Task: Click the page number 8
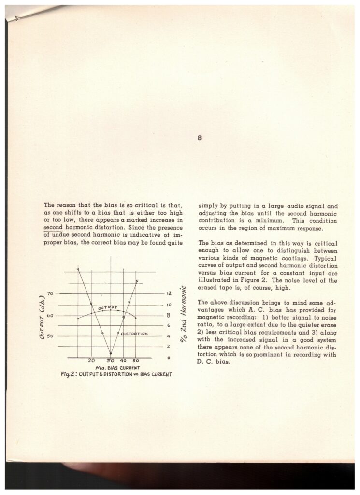199,138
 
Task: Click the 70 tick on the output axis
51,293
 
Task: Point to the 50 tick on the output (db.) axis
51,336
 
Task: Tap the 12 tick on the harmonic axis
169,293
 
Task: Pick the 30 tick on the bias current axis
110,361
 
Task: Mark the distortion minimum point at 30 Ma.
111,354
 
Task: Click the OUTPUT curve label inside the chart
108,307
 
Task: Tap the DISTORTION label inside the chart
134,334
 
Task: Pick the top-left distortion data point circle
77,268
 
